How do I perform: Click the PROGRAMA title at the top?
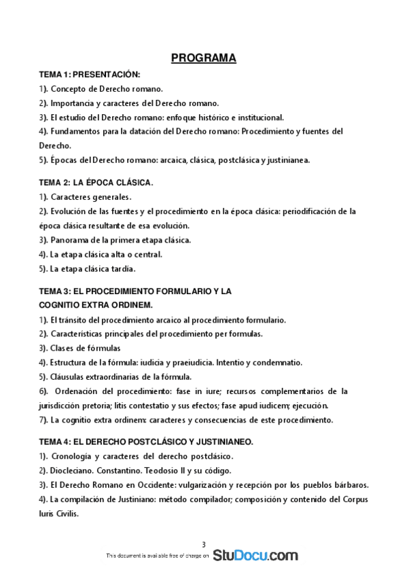coord(203,58)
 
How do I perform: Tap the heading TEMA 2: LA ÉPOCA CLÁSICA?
coord(96,183)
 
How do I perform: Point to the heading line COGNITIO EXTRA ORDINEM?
coord(95,304)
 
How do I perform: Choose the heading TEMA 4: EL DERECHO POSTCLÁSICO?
coord(145,442)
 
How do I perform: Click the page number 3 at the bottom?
coord(203,544)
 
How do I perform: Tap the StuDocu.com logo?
coord(255,556)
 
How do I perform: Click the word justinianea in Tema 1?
coord(288,161)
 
